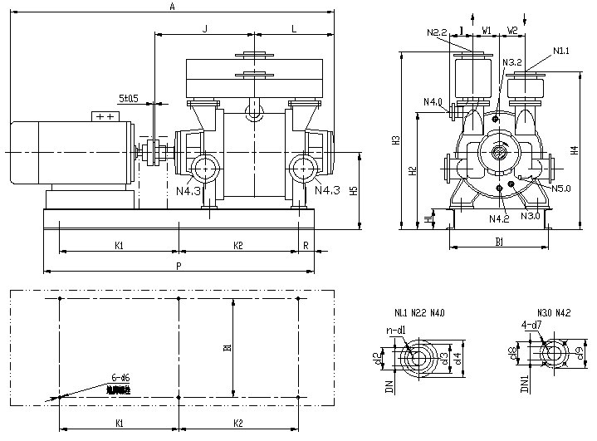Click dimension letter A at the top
point(172,7)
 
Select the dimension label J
point(204,29)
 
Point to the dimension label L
point(294,29)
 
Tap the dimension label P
point(178,265)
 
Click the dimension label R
point(306,245)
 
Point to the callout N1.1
point(560,51)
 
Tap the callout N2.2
point(438,33)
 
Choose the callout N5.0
point(562,189)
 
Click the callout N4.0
point(432,102)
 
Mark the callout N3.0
point(531,216)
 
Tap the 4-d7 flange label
point(531,325)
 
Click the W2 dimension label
point(512,31)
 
